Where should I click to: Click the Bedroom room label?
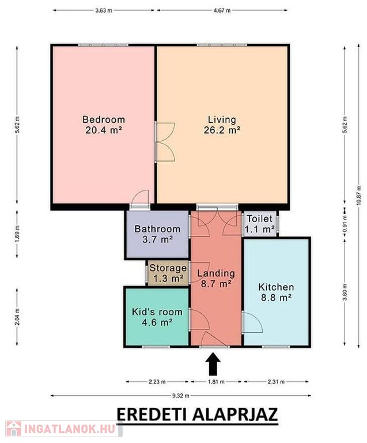tap(104, 119)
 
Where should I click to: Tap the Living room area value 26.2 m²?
tap(222, 130)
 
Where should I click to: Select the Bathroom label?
tap(157, 229)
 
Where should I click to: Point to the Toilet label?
tap(259, 219)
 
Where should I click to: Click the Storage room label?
tap(168, 268)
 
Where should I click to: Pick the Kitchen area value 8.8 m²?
tap(276, 298)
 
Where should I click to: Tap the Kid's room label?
tap(157, 312)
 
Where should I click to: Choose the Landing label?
tap(216, 273)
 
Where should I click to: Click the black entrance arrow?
tap(213, 363)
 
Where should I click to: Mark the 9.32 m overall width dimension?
tap(181, 396)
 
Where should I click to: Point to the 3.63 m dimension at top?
tap(104, 10)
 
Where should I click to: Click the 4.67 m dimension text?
tap(222, 10)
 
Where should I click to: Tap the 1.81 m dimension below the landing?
tap(217, 382)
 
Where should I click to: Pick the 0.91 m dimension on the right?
tap(345, 224)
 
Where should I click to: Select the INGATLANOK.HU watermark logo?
tap(62, 429)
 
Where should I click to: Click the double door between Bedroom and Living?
tap(165, 142)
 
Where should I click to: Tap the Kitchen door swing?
tap(252, 322)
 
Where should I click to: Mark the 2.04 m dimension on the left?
tap(17, 317)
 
